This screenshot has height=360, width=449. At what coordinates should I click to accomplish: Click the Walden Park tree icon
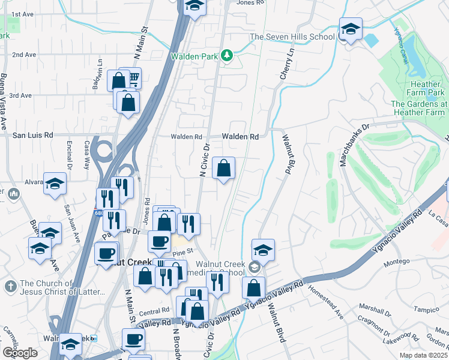[226, 56]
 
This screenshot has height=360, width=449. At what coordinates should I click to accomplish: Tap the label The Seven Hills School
[292, 37]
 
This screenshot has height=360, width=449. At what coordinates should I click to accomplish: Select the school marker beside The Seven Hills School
[350, 30]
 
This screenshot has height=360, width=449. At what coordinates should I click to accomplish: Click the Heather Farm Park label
[427, 89]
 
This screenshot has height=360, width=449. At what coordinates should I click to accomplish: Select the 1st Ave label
[22, 14]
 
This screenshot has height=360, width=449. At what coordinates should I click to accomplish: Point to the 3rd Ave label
[21, 95]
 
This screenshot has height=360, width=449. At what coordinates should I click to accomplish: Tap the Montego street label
[396, 262]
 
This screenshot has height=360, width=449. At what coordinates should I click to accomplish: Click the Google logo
[19, 352]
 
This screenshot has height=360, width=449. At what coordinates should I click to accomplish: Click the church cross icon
[10, 287]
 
